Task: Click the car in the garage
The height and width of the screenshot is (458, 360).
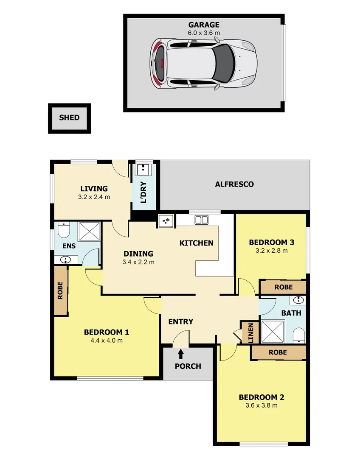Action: click(x=204, y=64)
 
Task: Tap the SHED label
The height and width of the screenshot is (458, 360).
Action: click(x=69, y=118)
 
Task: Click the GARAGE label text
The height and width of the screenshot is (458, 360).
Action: click(x=204, y=25)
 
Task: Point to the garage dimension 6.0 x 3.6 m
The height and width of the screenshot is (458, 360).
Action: click(x=204, y=33)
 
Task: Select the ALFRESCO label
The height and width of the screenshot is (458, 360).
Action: click(x=234, y=184)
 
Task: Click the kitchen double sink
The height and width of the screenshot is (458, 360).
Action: click(x=202, y=220)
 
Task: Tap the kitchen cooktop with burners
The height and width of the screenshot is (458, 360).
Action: click(x=166, y=221)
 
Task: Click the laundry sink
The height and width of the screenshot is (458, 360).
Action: click(x=143, y=169)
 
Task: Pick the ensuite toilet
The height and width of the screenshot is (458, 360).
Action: click(x=63, y=230)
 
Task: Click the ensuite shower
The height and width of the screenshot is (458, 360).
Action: click(x=90, y=232)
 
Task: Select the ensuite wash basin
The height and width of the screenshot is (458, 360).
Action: click(x=66, y=260)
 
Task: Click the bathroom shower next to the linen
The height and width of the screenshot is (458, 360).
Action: click(x=273, y=332)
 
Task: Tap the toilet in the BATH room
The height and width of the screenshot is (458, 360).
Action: click(x=299, y=335)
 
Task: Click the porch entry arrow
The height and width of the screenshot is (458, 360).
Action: click(x=181, y=354)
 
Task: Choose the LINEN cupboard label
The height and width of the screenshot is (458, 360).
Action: click(x=250, y=333)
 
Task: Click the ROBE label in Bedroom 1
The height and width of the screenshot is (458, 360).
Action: click(x=60, y=290)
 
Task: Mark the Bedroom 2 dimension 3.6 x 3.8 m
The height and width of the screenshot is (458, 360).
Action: click(x=262, y=405)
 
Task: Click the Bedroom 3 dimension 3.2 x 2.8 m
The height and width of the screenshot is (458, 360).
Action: click(x=271, y=251)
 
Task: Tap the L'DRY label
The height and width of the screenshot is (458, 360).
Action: click(x=143, y=192)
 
